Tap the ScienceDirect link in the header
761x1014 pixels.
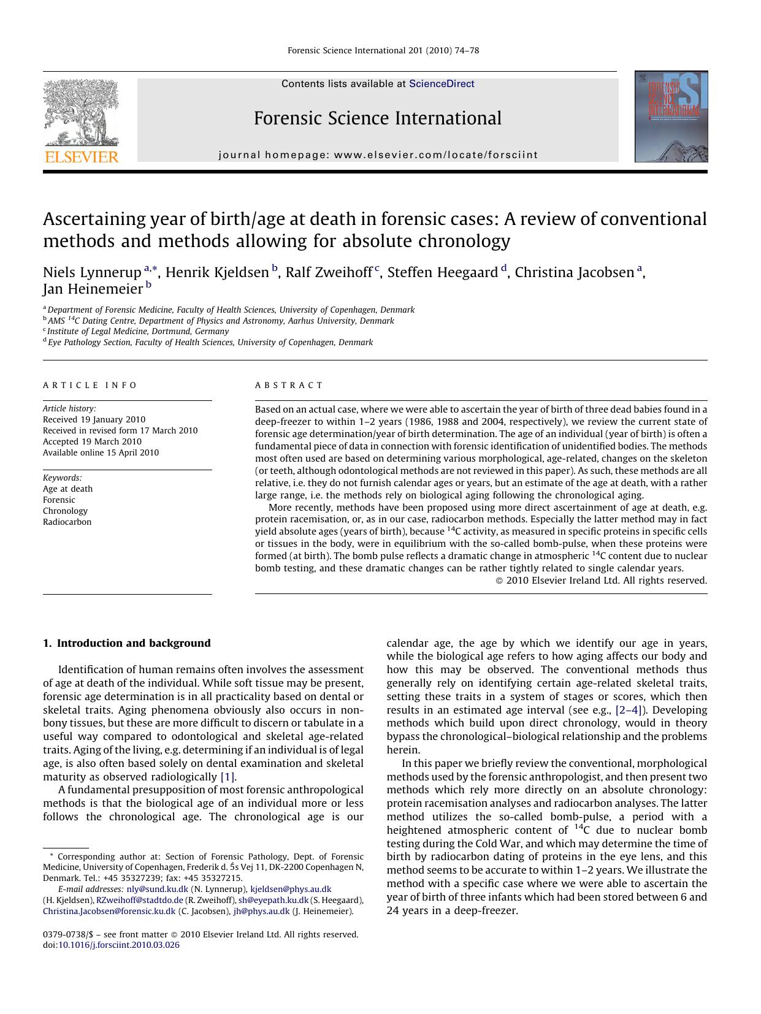point(442,84)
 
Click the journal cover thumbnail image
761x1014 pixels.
point(671,116)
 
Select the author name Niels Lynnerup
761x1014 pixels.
point(92,273)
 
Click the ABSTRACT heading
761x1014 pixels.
point(289,386)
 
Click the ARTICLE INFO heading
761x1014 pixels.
point(90,386)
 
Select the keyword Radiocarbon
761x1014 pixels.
point(67,522)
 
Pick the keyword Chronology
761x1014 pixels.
point(65,511)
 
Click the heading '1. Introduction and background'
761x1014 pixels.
point(126,643)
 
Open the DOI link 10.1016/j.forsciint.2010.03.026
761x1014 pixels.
point(119,945)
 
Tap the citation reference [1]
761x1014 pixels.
point(228,777)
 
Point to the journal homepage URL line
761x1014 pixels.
point(378,155)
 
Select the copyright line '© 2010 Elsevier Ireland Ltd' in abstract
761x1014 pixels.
point(601,581)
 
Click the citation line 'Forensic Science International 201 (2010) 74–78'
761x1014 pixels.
point(383,51)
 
